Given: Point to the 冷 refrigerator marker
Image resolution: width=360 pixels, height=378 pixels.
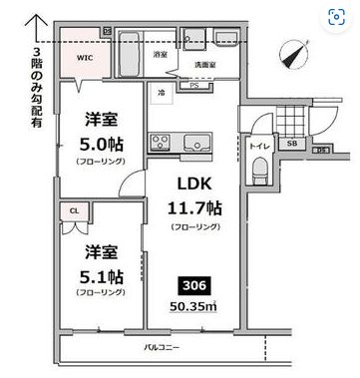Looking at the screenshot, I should pyautogui.click(x=161, y=92).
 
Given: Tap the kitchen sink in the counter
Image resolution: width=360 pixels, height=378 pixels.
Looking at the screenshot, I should pyautogui.click(x=187, y=139).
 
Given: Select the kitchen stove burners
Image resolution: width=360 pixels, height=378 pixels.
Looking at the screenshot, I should pyautogui.click(x=160, y=139).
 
